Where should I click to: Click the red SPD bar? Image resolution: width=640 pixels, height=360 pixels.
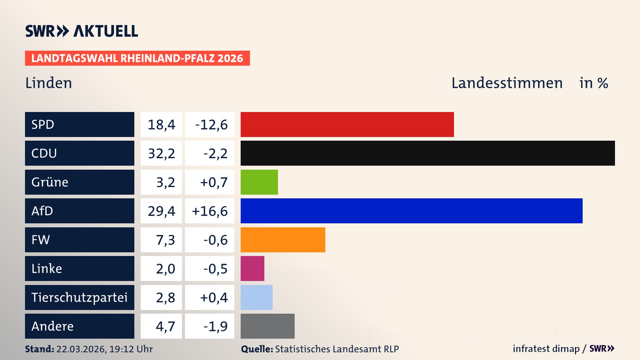[x=347, y=124]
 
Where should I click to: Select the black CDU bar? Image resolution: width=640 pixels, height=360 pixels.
[x=427, y=153]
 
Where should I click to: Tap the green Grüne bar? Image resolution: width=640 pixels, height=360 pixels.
[x=259, y=182]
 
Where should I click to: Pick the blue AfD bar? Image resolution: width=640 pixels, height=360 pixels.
[x=411, y=211]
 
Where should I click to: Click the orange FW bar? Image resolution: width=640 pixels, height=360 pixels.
[x=283, y=240]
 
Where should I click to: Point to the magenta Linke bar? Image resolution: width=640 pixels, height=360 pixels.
[x=252, y=268]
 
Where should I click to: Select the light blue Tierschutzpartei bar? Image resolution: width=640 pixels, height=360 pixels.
[x=256, y=297]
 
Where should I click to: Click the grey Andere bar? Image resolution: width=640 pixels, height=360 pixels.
[x=267, y=326]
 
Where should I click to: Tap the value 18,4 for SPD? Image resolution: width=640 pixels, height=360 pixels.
[x=161, y=125]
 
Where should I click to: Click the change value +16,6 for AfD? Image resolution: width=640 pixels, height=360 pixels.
[x=210, y=211]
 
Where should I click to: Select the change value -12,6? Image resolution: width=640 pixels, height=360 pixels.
[x=211, y=125]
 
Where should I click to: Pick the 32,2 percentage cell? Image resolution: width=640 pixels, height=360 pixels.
[x=161, y=153]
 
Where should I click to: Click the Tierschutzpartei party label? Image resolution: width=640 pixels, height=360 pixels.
[x=79, y=297]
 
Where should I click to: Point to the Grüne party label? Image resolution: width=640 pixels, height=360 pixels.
[x=50, y=182]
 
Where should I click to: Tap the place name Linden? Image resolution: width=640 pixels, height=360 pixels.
[x=49, y=83]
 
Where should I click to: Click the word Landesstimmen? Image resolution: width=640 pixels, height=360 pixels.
[x=507, y=83]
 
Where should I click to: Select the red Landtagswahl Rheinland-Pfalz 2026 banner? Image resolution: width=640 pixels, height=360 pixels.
[x=137, y=58]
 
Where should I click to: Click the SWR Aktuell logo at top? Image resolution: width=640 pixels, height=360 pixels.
[x=82, y=31]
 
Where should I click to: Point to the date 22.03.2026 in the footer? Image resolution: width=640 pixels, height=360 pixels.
[x=81, y=349]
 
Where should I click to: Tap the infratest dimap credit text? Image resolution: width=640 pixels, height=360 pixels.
[x=546, y=349]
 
